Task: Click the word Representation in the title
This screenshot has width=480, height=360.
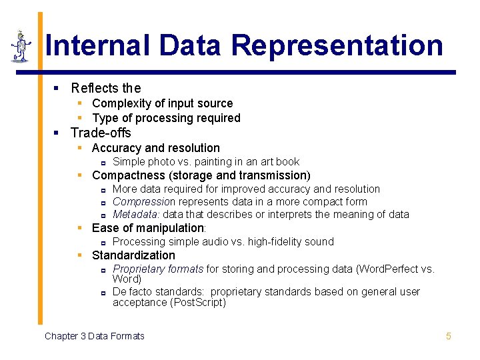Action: coord(337,45)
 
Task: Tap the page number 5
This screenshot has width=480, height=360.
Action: coord(449,336)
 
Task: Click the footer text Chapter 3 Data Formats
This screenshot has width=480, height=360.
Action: coord(94,336)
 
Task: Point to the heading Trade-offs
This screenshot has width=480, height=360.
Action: coord(101,133)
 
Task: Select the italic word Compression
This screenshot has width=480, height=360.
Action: coord(144,201)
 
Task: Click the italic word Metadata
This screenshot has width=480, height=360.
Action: coord(136,214)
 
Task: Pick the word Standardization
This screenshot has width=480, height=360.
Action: coord(133,255)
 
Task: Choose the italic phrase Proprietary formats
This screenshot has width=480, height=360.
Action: coord(158,269)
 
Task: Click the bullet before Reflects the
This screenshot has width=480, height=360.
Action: coord(57,88)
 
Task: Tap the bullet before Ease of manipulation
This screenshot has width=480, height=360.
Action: coord(79,228)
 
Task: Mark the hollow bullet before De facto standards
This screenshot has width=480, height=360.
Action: coord(103,293)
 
